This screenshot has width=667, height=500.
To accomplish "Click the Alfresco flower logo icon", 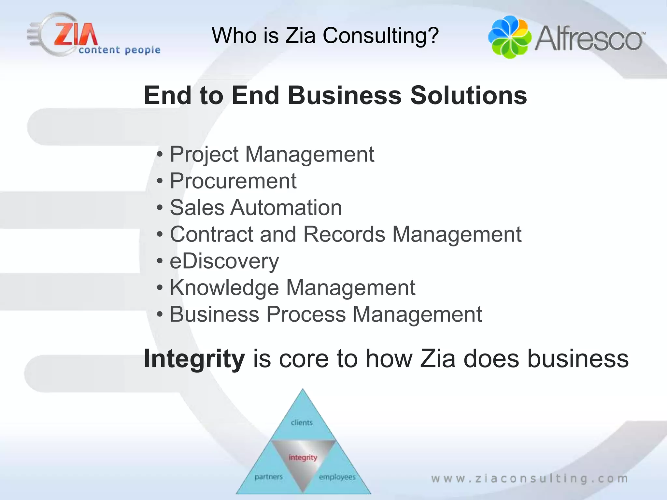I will (510, 37).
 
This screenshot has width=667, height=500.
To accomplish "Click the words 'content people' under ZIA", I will (120, 50).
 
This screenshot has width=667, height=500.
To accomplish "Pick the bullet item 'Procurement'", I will (233, 181).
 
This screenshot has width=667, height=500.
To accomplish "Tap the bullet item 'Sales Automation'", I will (256, 208).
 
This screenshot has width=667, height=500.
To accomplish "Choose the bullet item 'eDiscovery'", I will (224, 261).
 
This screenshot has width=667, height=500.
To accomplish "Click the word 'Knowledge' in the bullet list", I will (224, 288).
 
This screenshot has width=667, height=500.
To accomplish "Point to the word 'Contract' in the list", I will (212, 234).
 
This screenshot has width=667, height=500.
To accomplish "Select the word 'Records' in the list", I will (344, 234).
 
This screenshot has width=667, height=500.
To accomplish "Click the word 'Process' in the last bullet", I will (306, 314).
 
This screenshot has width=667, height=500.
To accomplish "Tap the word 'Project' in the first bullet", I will (204, 154).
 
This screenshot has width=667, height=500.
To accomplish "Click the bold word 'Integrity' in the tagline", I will (194, 359).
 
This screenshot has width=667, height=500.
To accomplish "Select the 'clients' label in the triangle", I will (302, 423).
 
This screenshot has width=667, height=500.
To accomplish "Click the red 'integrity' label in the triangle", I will (303, 457).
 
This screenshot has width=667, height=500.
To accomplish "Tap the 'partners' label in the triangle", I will (269, 477).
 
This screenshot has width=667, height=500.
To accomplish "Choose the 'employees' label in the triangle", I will (337, 477).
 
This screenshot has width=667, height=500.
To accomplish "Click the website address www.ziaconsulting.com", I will (530, 479).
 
